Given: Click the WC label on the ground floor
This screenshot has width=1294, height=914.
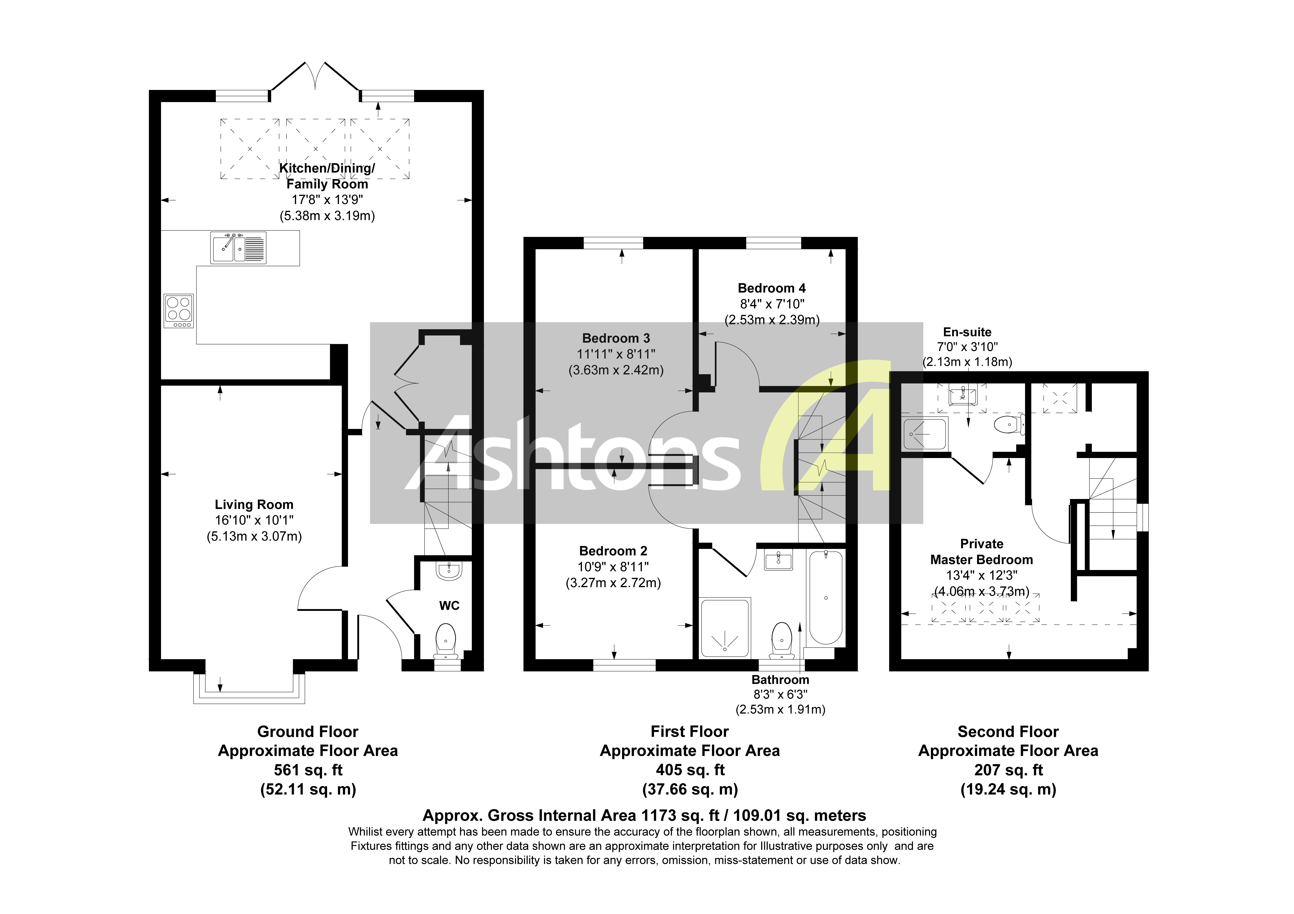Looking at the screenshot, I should [449, 606].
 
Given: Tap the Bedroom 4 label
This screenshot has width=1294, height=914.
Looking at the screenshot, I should [771, 288].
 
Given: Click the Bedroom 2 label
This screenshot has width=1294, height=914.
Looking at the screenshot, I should [613, 551].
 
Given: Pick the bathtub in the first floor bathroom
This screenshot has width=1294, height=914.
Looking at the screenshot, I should [826, 597].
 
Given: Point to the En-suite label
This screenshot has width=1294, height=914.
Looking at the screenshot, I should [967, 332].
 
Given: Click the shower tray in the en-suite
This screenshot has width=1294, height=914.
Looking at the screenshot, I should [924, 433].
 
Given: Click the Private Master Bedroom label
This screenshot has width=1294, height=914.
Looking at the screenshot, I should [981, 552].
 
